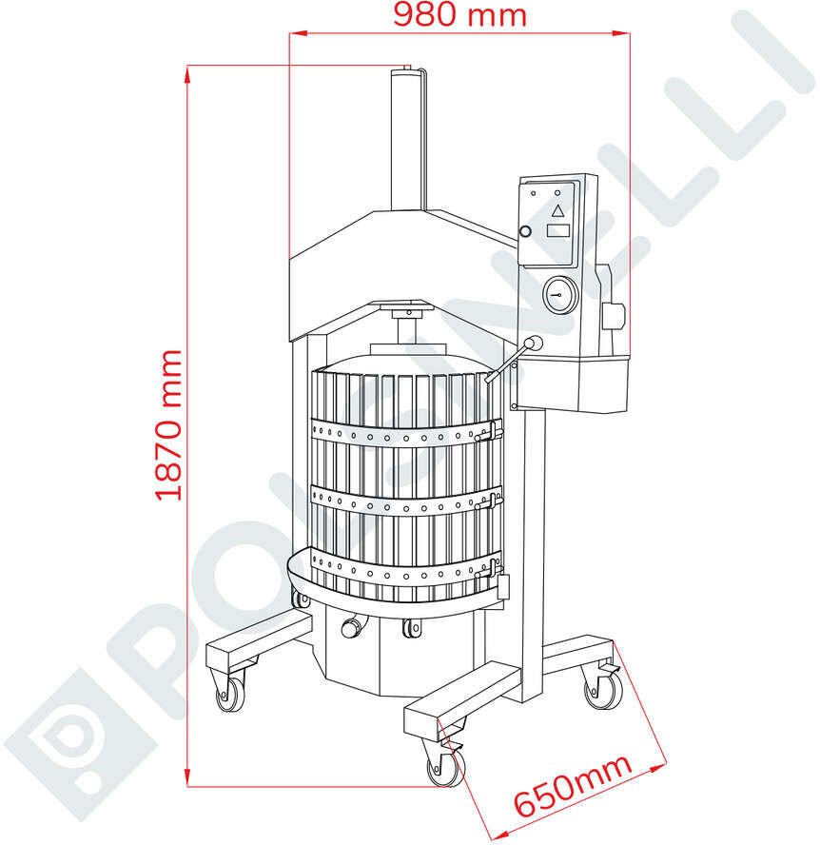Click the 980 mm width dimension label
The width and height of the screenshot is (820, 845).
(459, 15)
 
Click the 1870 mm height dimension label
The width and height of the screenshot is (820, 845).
(168, 425)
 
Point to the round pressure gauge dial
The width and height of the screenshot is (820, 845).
(559, 295)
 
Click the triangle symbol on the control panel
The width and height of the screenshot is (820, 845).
(557, 210)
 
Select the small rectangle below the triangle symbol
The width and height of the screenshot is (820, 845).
(558, 230)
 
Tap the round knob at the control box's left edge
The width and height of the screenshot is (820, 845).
(524, 232)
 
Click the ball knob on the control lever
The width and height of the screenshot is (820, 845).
(534, 343)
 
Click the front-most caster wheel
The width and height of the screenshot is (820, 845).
(445, 768)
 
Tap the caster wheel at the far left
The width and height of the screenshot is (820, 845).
(230, 695)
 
